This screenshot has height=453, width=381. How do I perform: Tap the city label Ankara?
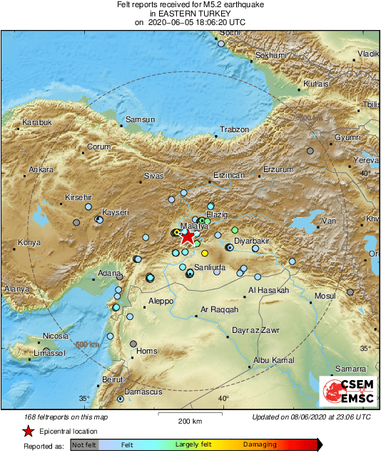point(41,170)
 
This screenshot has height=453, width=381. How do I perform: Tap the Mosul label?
point(325,295)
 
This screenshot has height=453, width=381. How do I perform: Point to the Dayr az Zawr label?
point(253,331)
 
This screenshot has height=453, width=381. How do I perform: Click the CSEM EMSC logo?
point(347,392)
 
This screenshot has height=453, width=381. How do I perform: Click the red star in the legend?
point(28,431)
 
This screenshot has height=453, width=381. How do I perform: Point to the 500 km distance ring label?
point(88,345)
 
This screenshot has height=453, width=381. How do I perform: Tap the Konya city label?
point(29,243)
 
